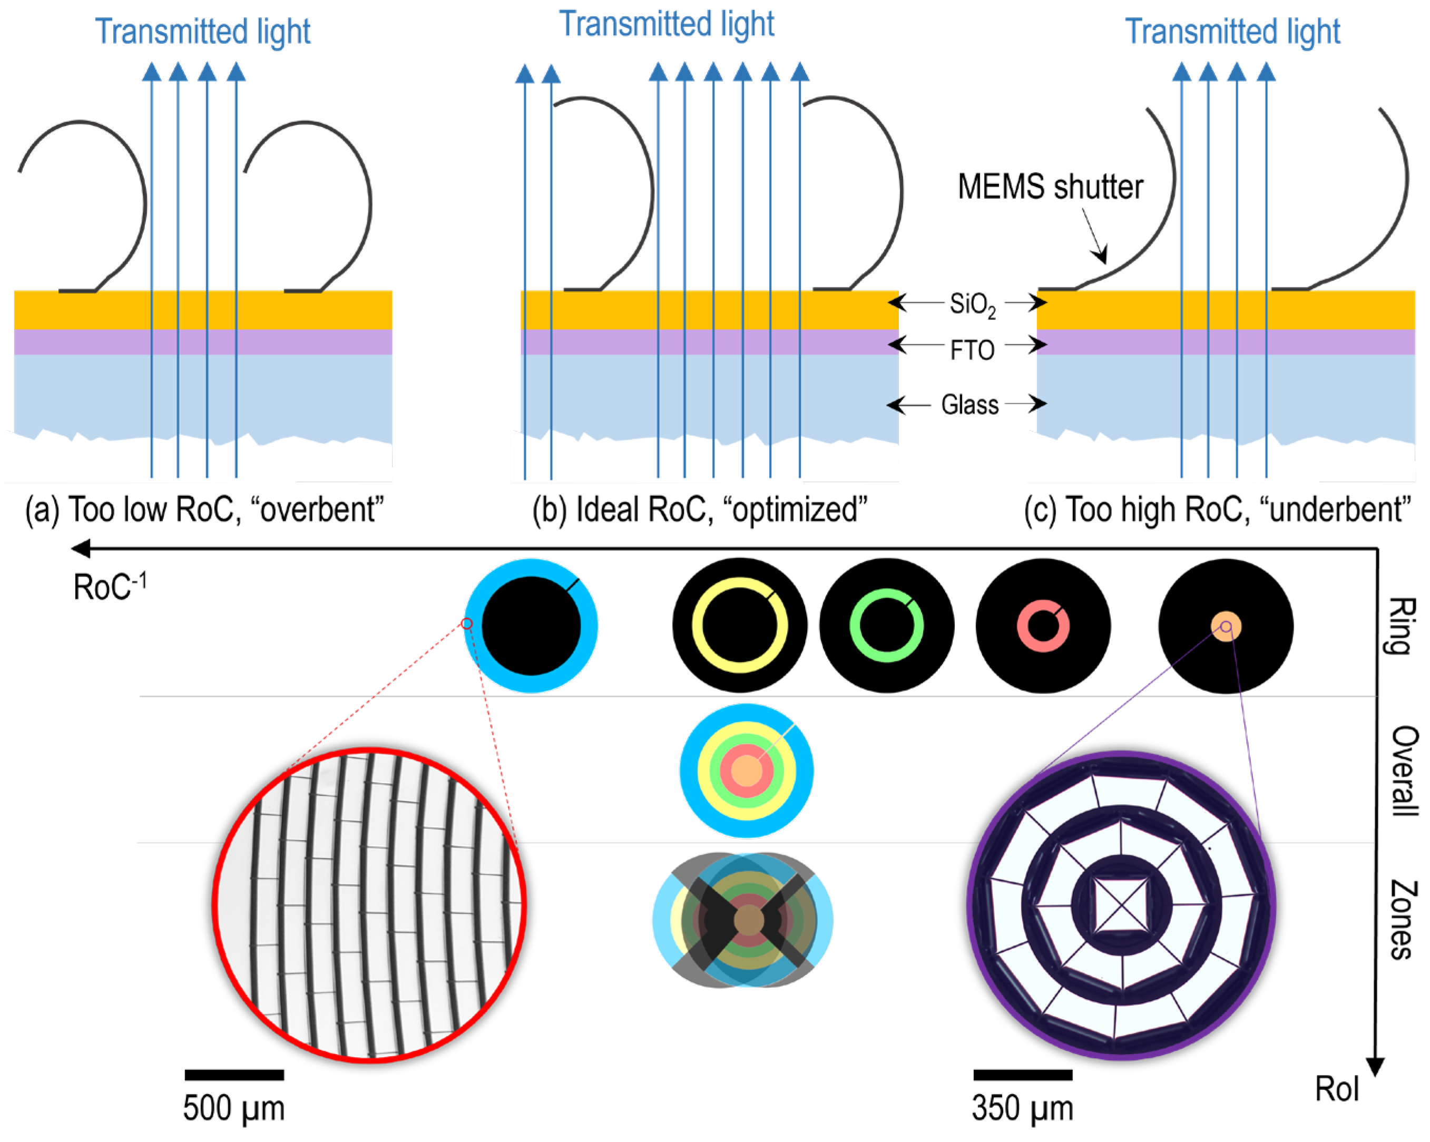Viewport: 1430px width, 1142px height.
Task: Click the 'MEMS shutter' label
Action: coord(1050,187)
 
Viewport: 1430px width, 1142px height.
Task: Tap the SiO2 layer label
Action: coord(972,305)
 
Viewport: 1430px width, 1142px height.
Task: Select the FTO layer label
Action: coord(972,350)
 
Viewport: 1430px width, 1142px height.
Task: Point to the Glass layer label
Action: coord(969,404)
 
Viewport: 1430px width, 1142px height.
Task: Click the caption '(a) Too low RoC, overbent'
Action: coord(204,510)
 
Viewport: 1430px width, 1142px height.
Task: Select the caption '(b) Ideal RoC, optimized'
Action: coord(700,510)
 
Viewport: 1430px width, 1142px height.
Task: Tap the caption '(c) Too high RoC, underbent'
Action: coord(1217,510)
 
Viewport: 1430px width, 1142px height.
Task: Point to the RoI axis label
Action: coord(1337,1089)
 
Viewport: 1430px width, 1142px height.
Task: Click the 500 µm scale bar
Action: coord(234,1075)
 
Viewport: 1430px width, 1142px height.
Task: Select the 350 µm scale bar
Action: coord(1023,1075)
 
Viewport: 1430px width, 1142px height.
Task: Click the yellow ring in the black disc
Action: coord(697,626)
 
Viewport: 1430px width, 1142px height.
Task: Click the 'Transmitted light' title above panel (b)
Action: coord(667,25)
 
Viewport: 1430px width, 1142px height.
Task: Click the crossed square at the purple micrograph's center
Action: coord(1122,904)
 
